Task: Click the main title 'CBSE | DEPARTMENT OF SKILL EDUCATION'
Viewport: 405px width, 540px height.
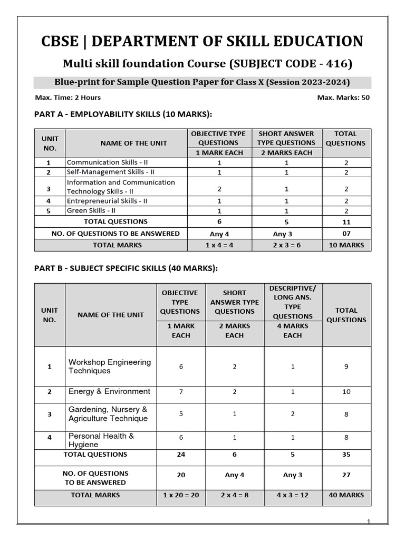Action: pos(202,41)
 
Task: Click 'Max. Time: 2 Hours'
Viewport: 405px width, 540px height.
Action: pos(67,98)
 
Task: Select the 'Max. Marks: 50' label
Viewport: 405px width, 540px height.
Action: pos(343,98)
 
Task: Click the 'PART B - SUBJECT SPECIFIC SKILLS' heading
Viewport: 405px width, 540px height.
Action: pos(126,268)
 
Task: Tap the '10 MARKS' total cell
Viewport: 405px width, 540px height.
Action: pos(346,245)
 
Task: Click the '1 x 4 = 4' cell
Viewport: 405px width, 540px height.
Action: pos(219,245)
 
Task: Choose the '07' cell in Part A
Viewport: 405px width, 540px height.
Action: pos(346,234)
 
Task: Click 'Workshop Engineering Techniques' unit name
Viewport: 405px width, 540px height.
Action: pos(109,367)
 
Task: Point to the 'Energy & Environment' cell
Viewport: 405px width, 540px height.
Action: pos(109,391)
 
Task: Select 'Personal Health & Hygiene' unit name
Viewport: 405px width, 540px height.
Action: pos(101,440)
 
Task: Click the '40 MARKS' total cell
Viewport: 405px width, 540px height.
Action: pos(346,495)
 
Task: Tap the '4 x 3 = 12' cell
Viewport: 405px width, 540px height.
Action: pos(293,495)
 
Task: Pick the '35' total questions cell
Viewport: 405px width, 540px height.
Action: pos(346,455)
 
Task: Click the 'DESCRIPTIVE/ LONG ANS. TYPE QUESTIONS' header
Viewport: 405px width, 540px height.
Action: pos(293,302)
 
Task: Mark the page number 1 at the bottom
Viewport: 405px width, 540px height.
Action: pos(369,522)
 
